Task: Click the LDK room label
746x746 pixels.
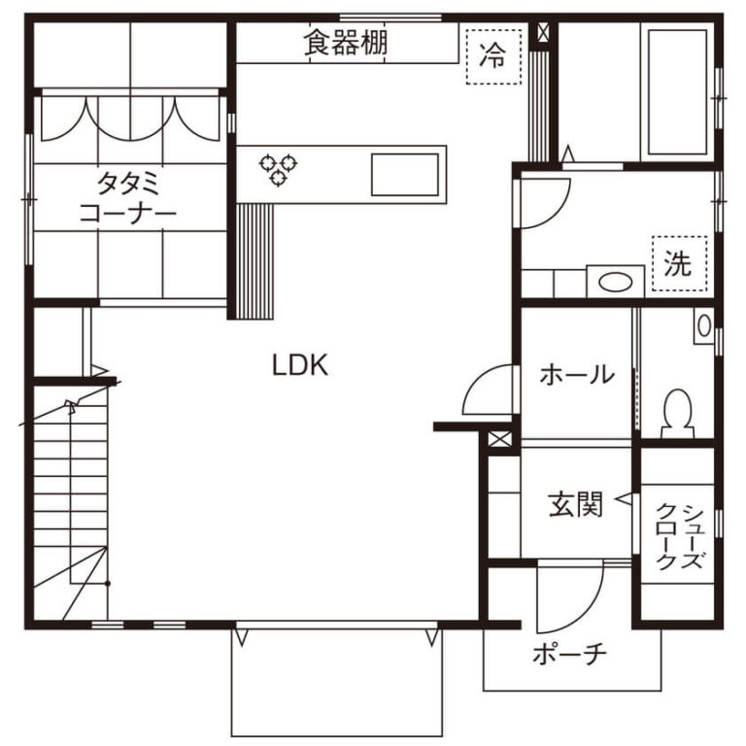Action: pos(300,365)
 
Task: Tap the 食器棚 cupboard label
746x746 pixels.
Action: pos(346,43)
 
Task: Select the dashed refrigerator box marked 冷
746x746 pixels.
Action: pos(493,56)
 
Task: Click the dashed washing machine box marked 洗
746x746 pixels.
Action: pos(679,263)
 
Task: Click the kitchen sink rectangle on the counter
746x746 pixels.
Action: pos(405,175)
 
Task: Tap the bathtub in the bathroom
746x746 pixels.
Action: pos(677,92)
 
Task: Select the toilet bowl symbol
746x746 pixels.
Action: pos(677,413)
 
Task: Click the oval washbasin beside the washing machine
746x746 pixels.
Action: pos(615,283)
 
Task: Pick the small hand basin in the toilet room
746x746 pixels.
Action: pos(704,326)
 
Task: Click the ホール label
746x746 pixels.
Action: pos(577,374)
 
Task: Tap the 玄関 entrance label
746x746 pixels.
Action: pos(576,504)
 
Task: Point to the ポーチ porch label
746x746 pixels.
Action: pos(569,654)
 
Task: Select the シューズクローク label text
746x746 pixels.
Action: pos(679,536)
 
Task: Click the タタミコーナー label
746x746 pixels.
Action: pos(127,198)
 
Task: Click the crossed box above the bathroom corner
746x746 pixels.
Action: pos(542,32)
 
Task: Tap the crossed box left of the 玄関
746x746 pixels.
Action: pos(499,439)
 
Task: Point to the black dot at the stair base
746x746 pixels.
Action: pos(108,583)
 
